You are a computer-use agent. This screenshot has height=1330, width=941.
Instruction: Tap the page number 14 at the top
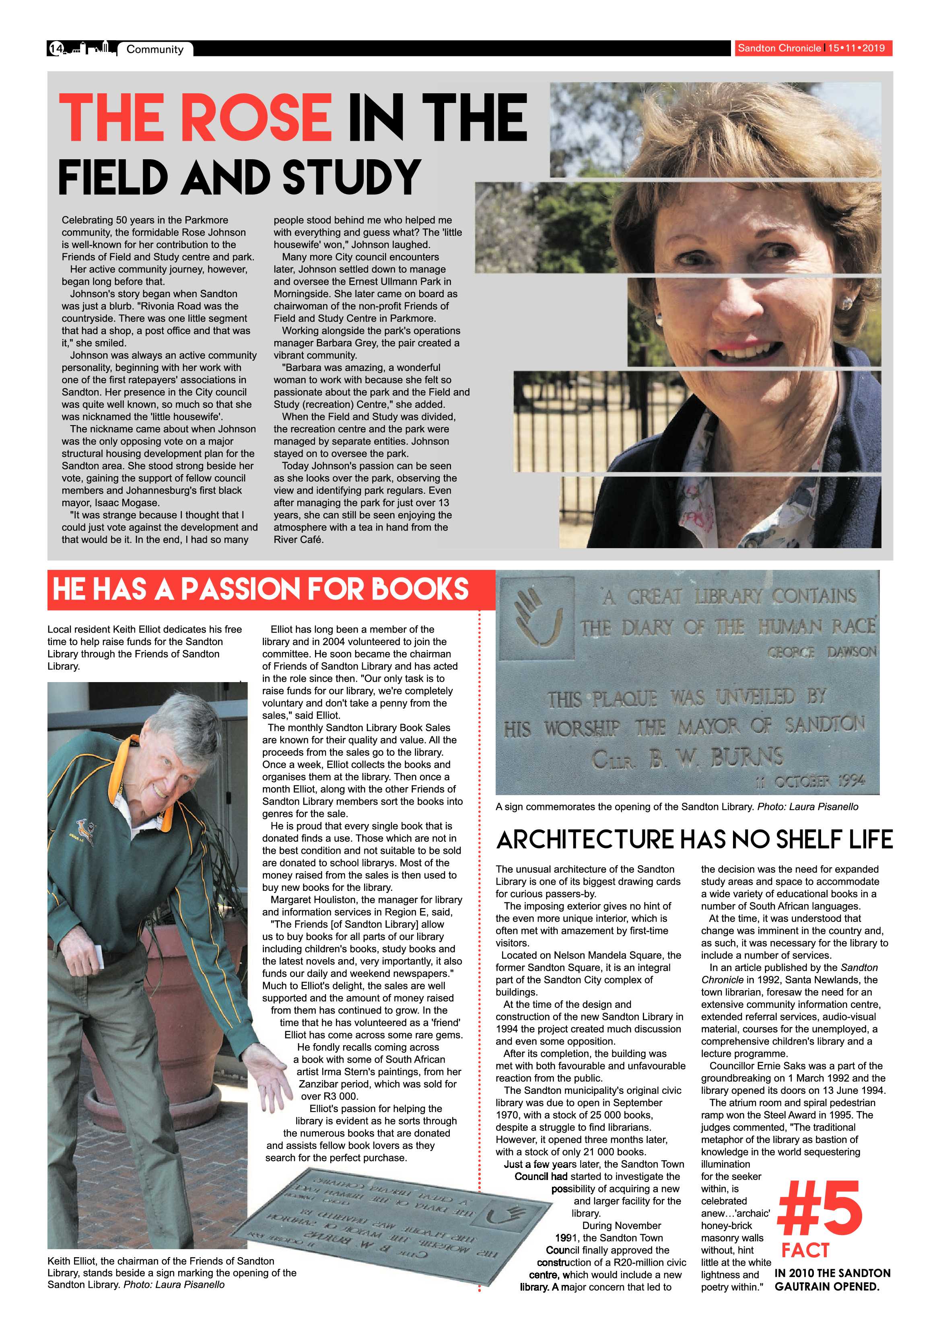(56, 49)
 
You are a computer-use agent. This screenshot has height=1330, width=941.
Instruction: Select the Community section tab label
(155, 50)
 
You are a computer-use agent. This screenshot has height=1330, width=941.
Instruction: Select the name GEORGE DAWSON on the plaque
(822, 652)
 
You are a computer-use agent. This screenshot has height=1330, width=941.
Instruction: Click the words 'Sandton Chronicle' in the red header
(779, 48)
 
